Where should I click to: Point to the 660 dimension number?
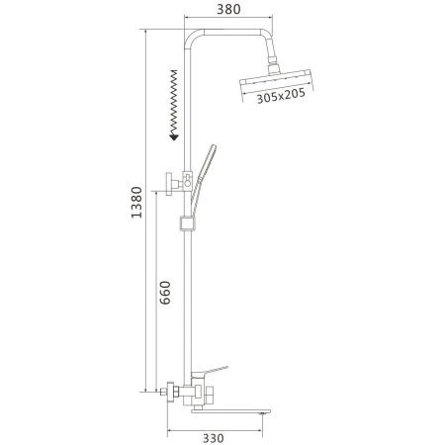[x=166, y=294]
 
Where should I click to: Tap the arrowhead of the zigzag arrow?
[x=173, y=137]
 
